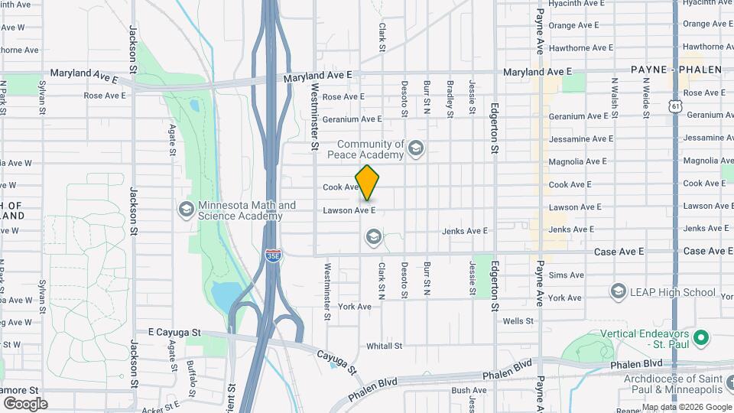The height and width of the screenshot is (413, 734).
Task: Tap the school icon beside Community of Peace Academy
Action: [x=416, y=148]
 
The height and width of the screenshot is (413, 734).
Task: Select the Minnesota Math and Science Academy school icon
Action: [x=186, y=210]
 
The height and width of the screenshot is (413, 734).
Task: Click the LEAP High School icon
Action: [x=619, y=291]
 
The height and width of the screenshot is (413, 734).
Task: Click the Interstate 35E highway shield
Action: [x=273, y=255]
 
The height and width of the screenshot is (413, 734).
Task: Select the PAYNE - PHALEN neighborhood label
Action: [x=677, y=70]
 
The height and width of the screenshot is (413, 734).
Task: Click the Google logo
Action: [x=24, y=403]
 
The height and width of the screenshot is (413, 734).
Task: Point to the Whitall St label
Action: [x=384, y=346]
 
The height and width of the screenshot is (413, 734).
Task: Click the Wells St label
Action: [x=518, y=321]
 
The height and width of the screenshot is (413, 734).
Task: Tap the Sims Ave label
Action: [x=566, y=275]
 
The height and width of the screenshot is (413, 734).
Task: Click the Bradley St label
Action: [x=450, y=98]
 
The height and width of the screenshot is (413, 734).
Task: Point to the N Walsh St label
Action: [x=614, y=96]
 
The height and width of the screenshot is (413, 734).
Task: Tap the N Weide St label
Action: [x=646, y=96]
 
